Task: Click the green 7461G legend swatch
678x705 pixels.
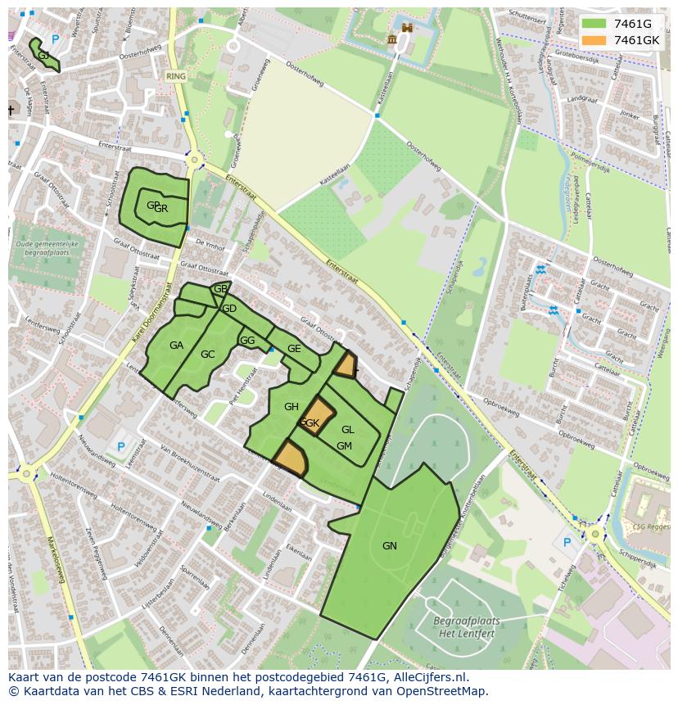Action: tap(596, 24)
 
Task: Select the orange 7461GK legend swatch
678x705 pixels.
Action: tap(596, 40)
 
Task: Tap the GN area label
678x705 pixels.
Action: tap(389, 545)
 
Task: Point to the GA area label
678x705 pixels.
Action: tap(176, 346)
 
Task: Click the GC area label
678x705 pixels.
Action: tap(207, 355)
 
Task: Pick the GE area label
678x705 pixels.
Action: tap(294, 349)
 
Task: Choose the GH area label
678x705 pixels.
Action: tap(291, 407)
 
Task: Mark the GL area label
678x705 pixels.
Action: tap(348, 430)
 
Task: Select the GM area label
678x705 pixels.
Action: tap(344, 446)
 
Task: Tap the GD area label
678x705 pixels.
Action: tap(229, 309)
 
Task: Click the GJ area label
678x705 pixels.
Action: tap(43, 55)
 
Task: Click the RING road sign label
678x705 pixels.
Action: tap(176, 75)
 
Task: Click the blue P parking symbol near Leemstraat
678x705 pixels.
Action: tap(121, 447)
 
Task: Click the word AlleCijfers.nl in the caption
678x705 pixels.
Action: tap(439, 678)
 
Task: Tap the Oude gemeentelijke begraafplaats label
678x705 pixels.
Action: tap(46, 249)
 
